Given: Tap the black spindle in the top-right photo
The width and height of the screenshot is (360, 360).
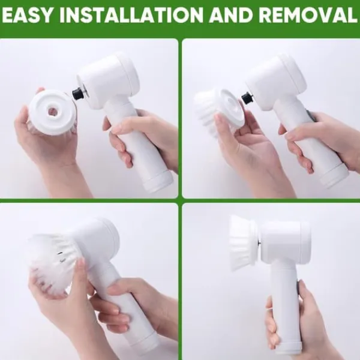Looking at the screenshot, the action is [x=247, y=98].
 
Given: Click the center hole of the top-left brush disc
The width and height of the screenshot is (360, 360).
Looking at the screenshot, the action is [x=53, y=110].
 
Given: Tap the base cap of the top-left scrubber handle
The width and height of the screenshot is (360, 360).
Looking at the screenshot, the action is [x=158, y=181].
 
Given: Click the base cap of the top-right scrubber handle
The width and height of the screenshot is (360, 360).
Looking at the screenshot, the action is [x=334, y=175].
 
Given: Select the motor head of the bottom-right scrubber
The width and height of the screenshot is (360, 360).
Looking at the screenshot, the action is [x=284, y=244].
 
